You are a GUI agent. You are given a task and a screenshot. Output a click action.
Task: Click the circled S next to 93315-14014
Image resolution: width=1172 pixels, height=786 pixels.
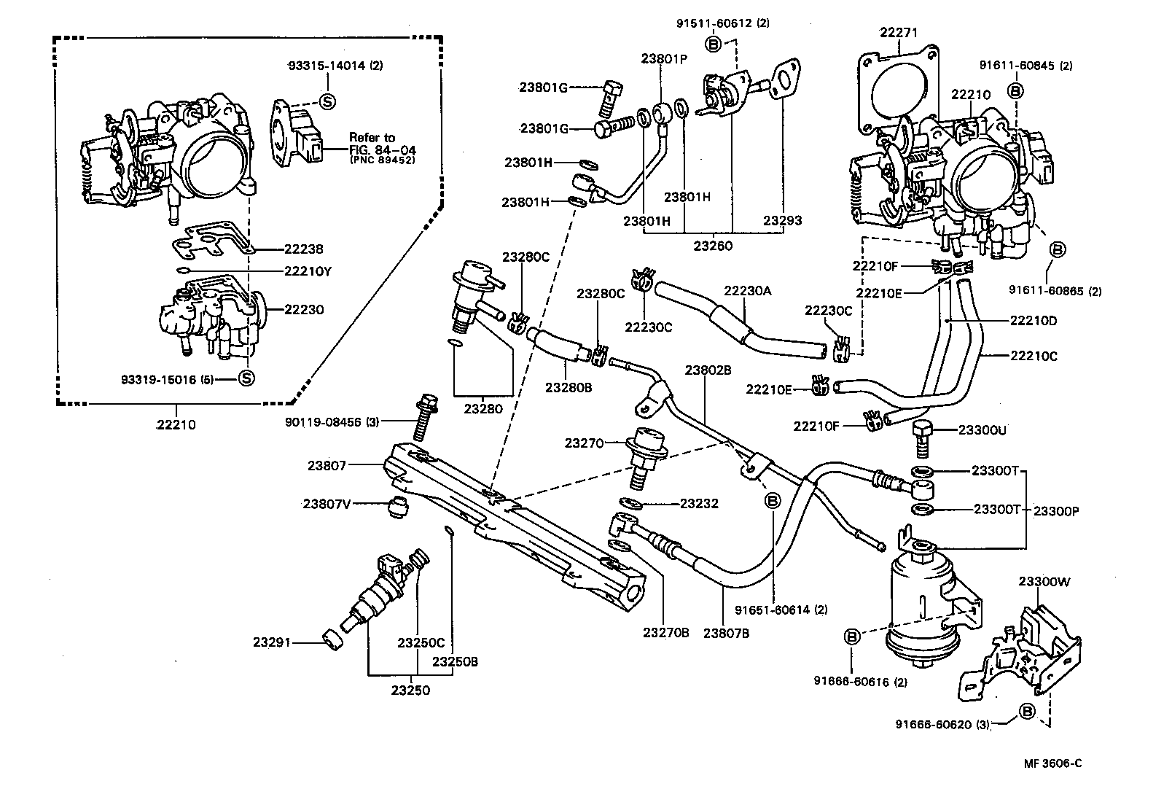[327, 101]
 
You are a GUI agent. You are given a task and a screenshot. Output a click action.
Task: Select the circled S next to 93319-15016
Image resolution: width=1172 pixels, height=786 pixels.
[246, 378]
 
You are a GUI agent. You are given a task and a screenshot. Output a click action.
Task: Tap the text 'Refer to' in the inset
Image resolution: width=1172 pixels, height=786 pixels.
[372, 137]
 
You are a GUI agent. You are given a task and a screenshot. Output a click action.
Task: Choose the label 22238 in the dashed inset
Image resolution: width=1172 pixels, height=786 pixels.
[303, 249]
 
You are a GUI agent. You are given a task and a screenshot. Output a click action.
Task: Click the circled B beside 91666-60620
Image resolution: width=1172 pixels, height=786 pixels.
[1027, 711]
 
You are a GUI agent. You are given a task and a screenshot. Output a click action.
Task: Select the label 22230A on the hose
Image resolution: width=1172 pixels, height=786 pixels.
[747, 290]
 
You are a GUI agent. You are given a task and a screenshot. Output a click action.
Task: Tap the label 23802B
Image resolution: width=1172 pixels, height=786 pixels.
[708, 370]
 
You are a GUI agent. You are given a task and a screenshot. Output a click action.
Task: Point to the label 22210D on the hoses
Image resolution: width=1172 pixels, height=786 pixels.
[1033, 319]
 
